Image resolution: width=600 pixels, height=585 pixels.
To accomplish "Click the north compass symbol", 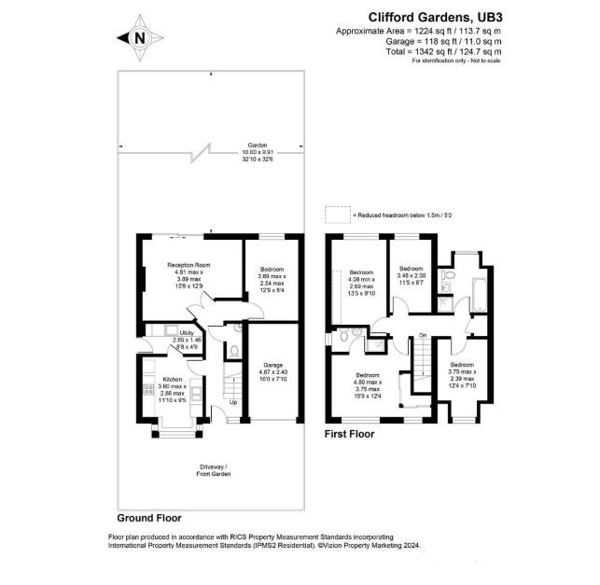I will (138, 37).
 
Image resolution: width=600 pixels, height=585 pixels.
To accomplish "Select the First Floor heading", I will (349, 434).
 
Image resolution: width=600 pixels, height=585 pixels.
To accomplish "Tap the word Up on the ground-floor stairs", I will (234, 402).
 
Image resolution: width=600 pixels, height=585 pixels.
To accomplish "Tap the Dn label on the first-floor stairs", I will (422, 335).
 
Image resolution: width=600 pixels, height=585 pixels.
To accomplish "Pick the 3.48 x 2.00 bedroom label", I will (411, 279).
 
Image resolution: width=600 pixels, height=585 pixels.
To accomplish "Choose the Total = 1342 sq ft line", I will (435, 52).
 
